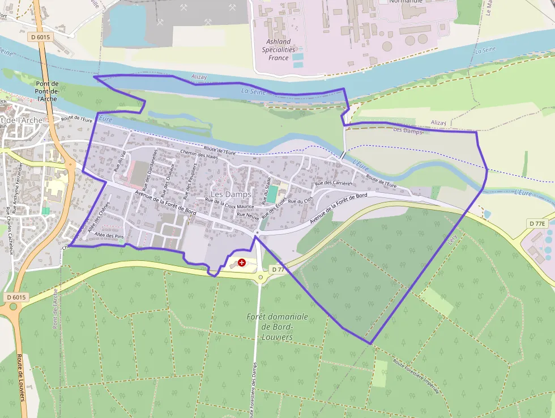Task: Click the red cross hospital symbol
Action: pos(242,263)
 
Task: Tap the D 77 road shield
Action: pos(277,269)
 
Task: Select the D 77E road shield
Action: pos(537,223)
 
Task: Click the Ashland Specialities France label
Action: pos(279,50)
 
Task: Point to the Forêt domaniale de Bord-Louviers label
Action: pos(277,327)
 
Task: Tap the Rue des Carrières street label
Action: pos(334,183)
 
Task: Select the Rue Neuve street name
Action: pos(248,216)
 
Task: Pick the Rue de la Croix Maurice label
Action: pos(229,204)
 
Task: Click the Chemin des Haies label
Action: pos(199,154)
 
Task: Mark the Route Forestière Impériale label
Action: pos(416,377)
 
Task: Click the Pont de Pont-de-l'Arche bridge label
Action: pos(47,91)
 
